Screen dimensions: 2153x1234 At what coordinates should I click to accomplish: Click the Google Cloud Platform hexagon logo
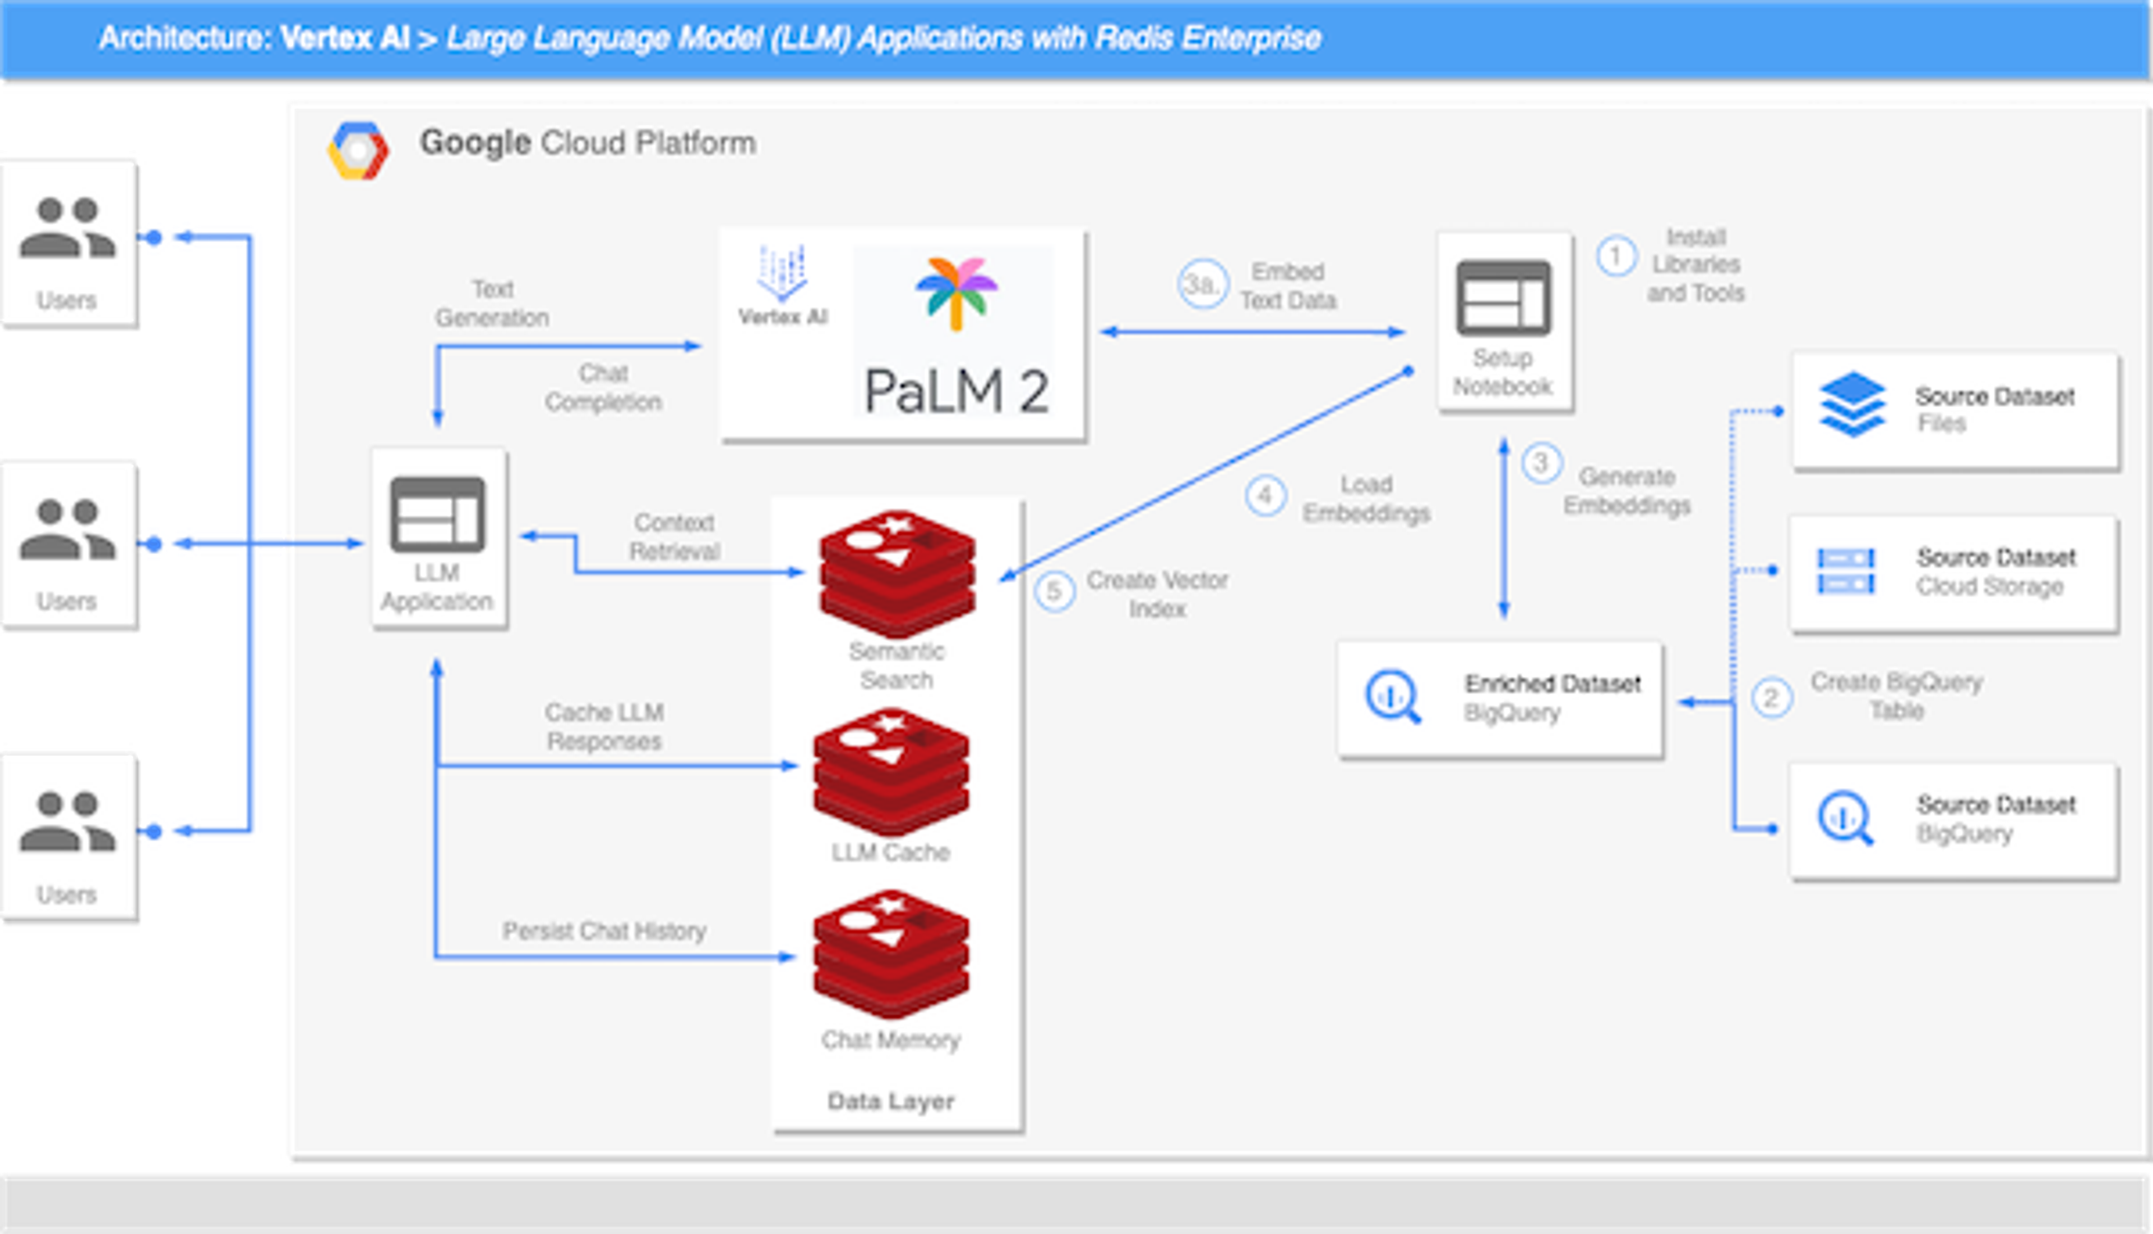(358, 151)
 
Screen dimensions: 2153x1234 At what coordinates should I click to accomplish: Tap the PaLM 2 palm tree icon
(957, 291)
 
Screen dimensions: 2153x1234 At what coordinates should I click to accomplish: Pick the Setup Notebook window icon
(1503, 298)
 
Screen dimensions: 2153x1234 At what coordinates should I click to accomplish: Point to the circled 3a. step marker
(1203, 284)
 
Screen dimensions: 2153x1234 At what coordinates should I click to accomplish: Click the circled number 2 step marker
(1771, 698)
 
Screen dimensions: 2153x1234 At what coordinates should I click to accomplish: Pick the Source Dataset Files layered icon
(1853, 404)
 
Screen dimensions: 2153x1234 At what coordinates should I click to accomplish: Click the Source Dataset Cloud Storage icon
(1846, 571)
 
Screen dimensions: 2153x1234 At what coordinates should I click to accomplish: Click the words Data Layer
(891, 1101)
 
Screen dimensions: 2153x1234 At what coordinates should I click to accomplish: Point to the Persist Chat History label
(604, 931)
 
